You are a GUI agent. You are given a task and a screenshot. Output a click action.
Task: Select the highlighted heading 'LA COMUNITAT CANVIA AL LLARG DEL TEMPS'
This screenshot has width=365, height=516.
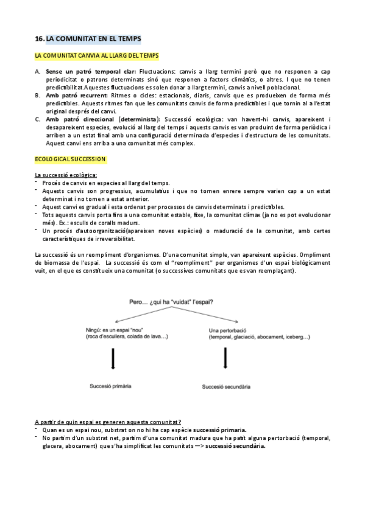click(x=96, y=56)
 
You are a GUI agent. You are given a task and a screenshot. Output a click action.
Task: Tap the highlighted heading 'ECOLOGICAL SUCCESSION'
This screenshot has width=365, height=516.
click(x=70, y=159)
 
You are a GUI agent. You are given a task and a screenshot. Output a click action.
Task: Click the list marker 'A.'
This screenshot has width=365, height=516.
click(x=38, y=72)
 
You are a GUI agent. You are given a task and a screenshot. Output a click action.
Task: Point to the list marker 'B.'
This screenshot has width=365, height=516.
click(x=38, y=95)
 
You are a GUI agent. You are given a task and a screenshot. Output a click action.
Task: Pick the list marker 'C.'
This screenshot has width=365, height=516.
click(x=38, y=119)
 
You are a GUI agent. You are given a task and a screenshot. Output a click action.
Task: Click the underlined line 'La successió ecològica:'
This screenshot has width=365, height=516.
click(x=66, y=175)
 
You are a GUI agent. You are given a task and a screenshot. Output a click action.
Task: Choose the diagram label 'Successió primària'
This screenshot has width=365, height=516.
click(x=111, y=386)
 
